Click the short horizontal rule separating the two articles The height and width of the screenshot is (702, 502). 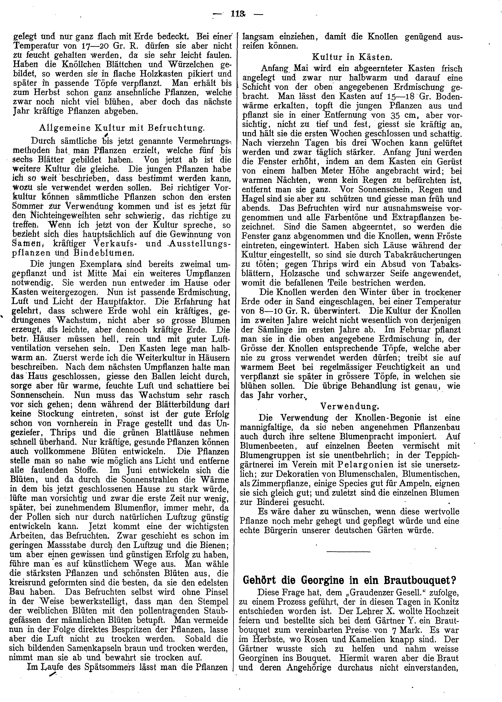coord(348,552)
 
